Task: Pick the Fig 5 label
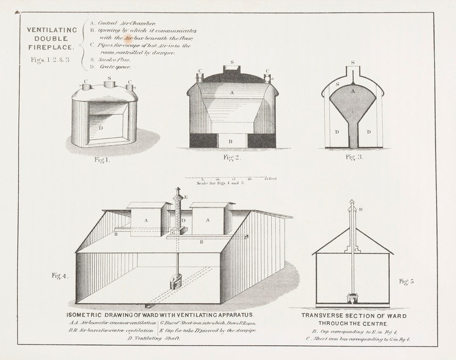(x=408, y=280)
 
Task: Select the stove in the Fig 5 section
(x=352, y=298)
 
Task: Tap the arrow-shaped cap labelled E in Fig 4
(x=177, y=193)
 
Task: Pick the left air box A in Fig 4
(x=146, y=219)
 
